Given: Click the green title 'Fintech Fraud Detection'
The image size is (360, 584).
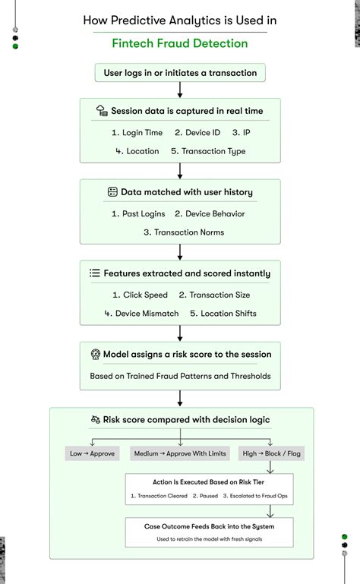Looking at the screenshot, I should click(180, 43).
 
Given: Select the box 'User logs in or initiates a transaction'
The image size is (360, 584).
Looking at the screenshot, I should click(180, 74).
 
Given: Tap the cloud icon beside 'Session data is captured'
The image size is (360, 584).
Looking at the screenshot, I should click(102, 111).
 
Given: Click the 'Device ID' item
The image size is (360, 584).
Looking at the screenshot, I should click(198, 133).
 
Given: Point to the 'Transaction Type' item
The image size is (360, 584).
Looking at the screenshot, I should click(208, 151).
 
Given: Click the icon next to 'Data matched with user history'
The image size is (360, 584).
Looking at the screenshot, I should click(112, 192).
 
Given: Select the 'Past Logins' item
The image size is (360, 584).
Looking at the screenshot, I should click(144, 214).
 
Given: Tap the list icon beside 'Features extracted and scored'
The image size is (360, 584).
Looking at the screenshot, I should click(95, 273).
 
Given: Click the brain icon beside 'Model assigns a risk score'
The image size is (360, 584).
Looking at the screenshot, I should click(95, 354).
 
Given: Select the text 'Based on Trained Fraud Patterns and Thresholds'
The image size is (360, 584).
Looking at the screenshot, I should click(180, 376).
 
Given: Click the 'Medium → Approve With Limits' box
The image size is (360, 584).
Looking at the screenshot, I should click(179, 453).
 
